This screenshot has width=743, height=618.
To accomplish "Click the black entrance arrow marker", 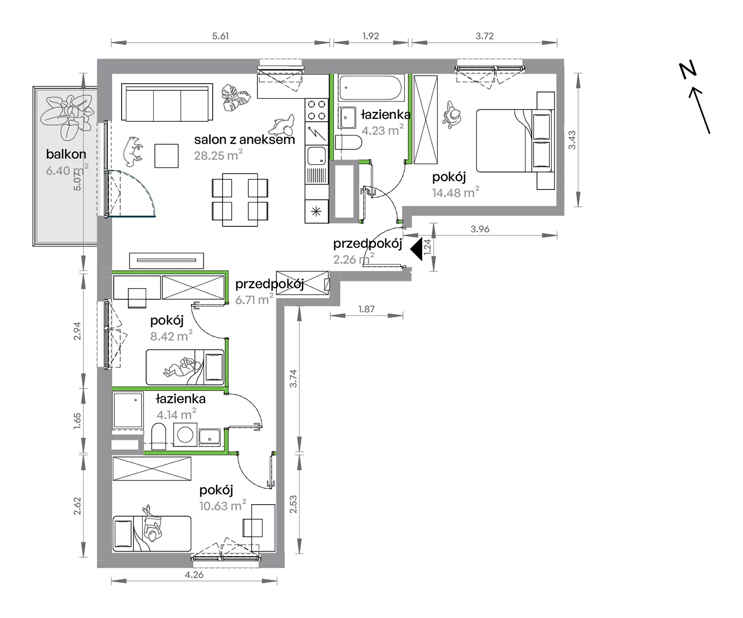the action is point(417,249).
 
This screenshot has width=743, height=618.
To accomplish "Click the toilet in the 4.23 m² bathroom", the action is point(348,143).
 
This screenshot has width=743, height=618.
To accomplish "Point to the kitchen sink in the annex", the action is point(317,155).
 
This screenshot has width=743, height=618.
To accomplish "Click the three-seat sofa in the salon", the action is point(167,102).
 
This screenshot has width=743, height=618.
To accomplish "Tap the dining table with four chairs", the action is point(240,200).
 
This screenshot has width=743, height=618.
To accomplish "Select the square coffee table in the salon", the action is point(167,156).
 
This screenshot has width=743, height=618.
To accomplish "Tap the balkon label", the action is point(66,154).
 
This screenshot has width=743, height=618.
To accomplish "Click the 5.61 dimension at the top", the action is point(221,36).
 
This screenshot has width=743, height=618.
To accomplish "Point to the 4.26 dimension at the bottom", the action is point(194,575).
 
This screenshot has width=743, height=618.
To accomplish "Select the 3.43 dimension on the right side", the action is point(572,140).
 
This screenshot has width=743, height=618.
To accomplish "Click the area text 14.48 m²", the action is point(455,192).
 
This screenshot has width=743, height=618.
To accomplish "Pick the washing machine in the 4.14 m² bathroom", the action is point(186,435).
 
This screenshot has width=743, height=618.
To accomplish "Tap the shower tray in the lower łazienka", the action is point(128,410).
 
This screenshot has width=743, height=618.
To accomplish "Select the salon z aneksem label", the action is point(244,139).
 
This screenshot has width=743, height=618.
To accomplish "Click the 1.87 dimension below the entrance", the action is point(366,309).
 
